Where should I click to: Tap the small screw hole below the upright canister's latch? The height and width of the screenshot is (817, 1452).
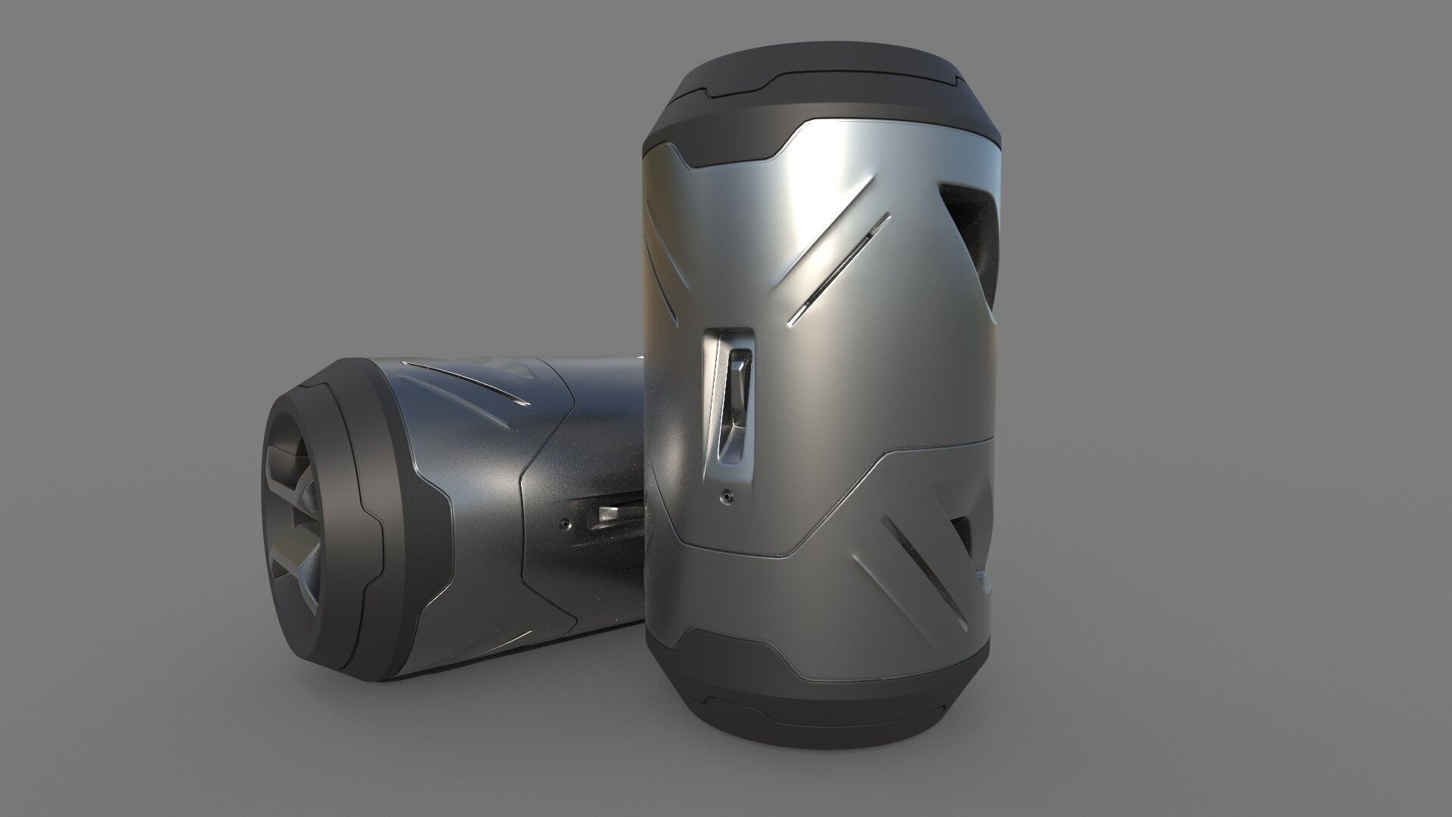coord(727,495)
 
